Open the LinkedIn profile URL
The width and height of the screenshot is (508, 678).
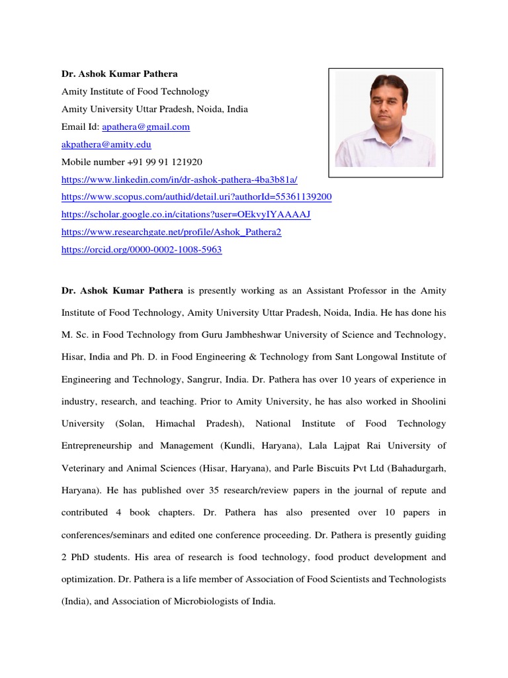click(180, 179)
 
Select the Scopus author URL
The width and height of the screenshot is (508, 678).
click(196, 197)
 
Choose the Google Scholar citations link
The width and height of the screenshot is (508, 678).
click(186, 215)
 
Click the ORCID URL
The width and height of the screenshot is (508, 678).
click(142, 250)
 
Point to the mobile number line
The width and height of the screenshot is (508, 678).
click(132, 162)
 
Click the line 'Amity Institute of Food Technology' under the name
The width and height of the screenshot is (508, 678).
click(135, 91)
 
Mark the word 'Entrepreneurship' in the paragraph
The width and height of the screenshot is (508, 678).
click(97, 446)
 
